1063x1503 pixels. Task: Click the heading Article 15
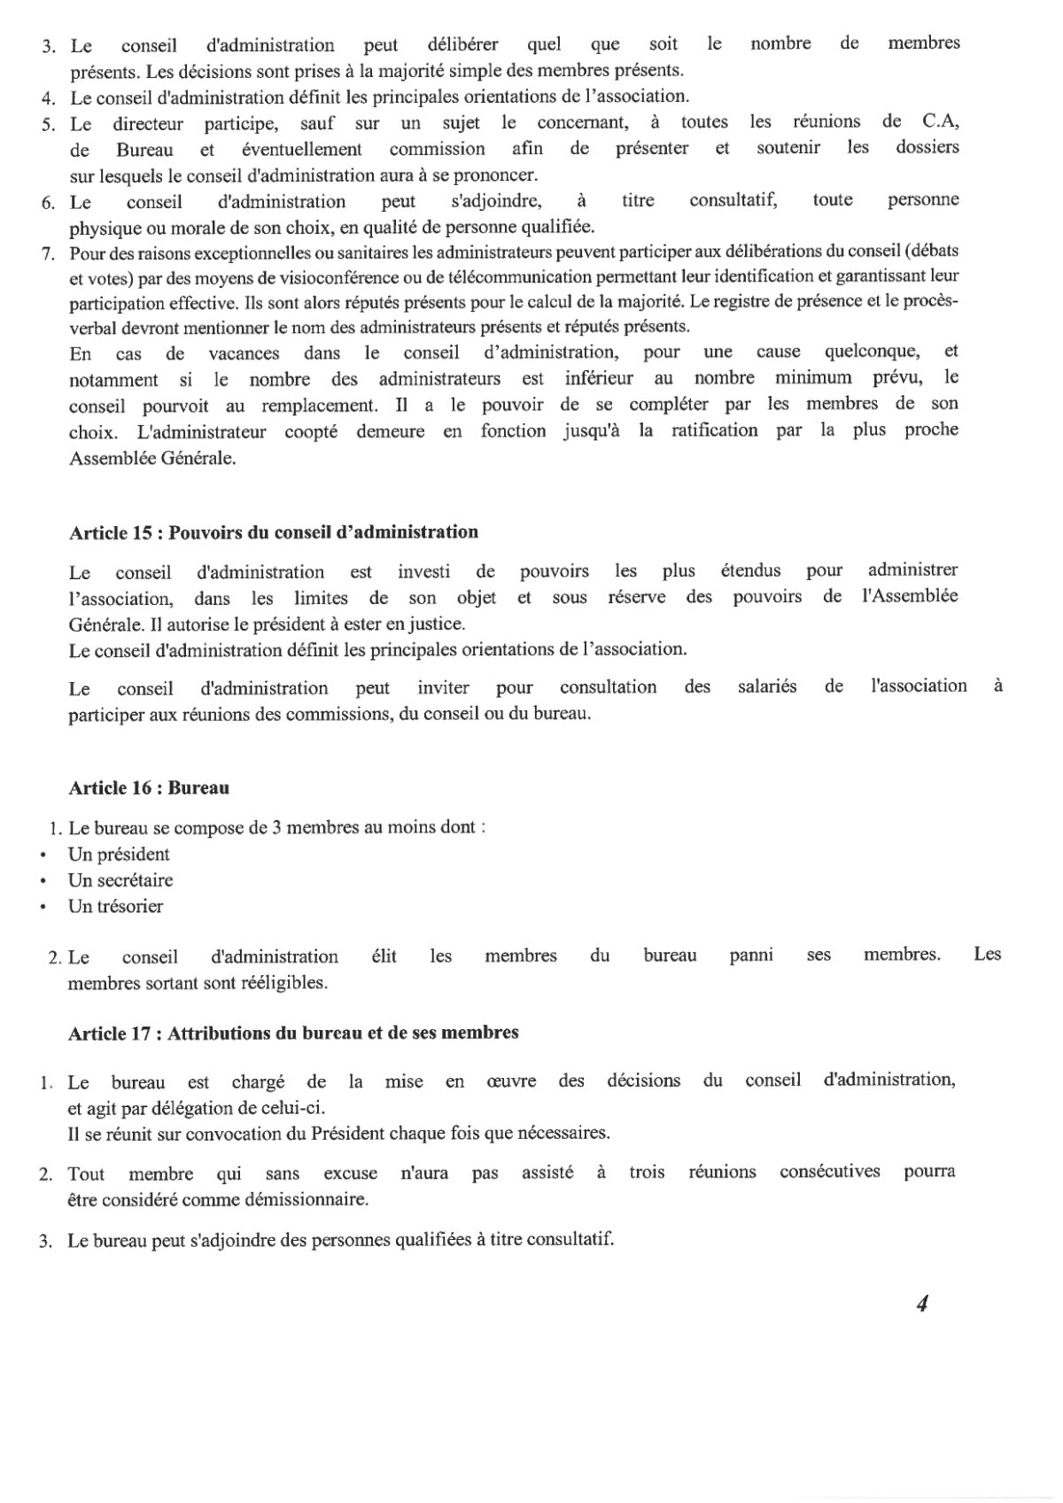274,532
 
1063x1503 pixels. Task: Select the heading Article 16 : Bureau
149,786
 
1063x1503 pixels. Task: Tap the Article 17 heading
293,1033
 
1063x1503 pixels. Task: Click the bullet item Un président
119,855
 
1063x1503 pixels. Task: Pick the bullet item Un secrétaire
120,880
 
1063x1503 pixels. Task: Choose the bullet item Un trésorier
115,906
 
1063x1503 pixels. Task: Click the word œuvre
511,1081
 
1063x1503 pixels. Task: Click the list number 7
48,252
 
